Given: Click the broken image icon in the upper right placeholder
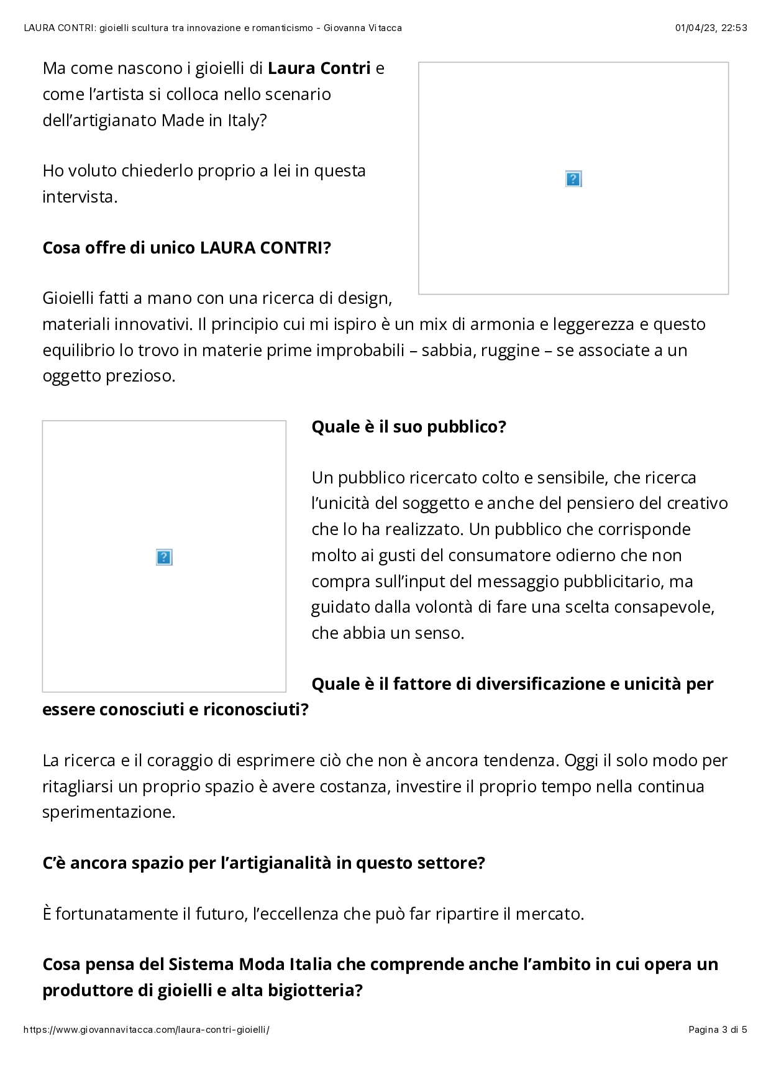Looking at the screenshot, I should tap(573, 179).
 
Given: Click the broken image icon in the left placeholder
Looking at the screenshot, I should tap(163, 557).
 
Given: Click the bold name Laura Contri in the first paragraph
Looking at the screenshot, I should tap(319, 68).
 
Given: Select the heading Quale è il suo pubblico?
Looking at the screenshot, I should tap(409, 427).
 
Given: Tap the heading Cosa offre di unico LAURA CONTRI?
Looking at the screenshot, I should tap(186, 248).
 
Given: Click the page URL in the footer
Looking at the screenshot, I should tap(147, 1030).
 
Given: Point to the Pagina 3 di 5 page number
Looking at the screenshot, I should tap(718, 1030).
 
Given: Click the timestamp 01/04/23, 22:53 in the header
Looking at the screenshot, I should tap(711, 28).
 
